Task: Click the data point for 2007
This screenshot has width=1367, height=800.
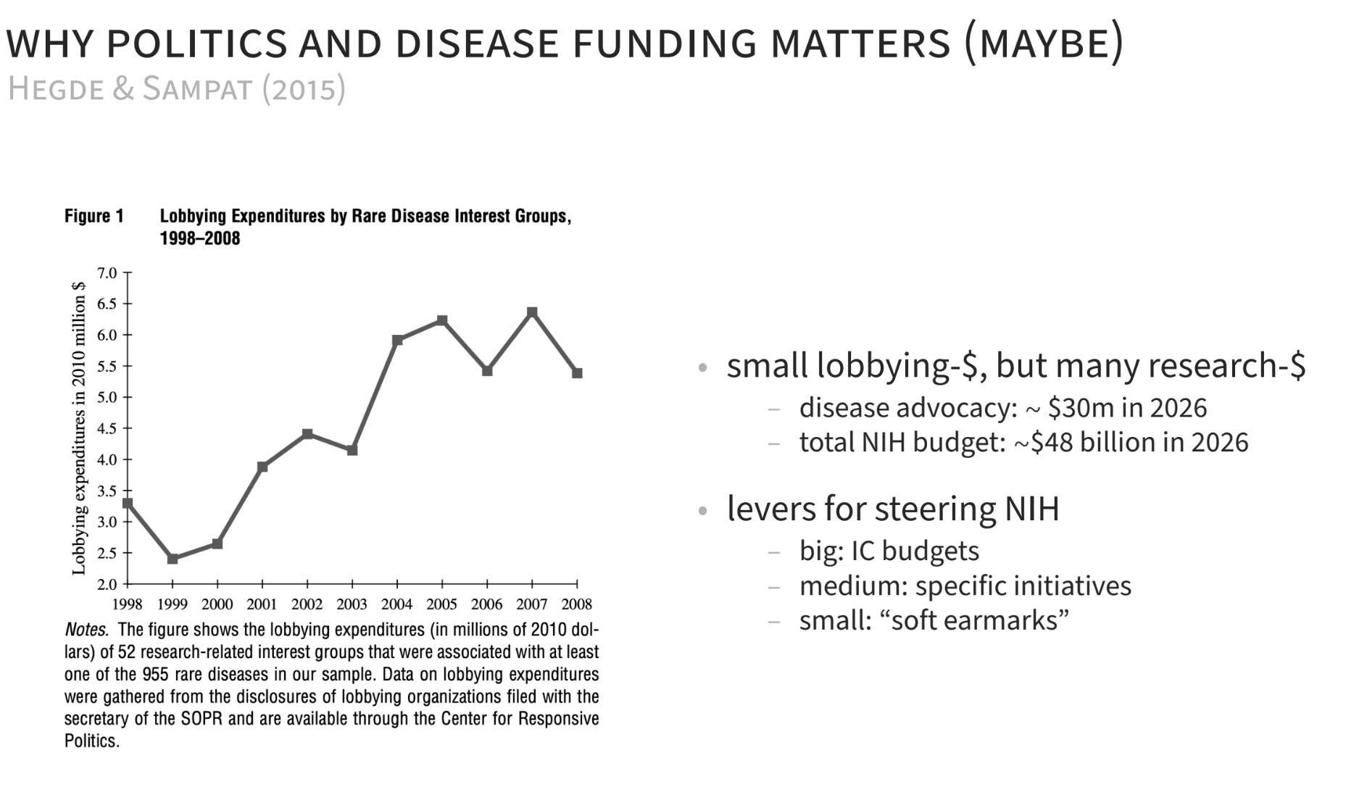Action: click(532, 312)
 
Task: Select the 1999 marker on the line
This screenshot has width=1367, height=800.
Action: click(173, 559)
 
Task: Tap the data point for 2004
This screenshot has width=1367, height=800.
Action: click(397, 340)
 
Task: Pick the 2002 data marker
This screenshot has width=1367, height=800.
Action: click(307, 434)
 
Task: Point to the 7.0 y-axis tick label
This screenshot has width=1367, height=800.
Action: click(107, 273)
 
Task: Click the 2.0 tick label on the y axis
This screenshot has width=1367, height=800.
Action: click(107, 584)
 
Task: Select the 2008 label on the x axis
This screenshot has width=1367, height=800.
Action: click(577, 604)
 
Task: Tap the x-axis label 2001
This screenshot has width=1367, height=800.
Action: click(262, 604)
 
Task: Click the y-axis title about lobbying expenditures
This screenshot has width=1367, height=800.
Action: click(79, 428)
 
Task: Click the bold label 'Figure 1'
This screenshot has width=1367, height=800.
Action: click(94, 216)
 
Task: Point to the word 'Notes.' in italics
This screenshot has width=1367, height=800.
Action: click(86, 629)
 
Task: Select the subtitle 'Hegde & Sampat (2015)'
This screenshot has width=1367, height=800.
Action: click(176, 88)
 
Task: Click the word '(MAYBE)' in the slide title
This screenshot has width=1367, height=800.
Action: click(1044, 42)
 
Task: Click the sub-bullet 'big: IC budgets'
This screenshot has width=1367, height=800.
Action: click(889, 551)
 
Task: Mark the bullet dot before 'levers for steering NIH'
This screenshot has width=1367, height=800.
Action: click(702, 511)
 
